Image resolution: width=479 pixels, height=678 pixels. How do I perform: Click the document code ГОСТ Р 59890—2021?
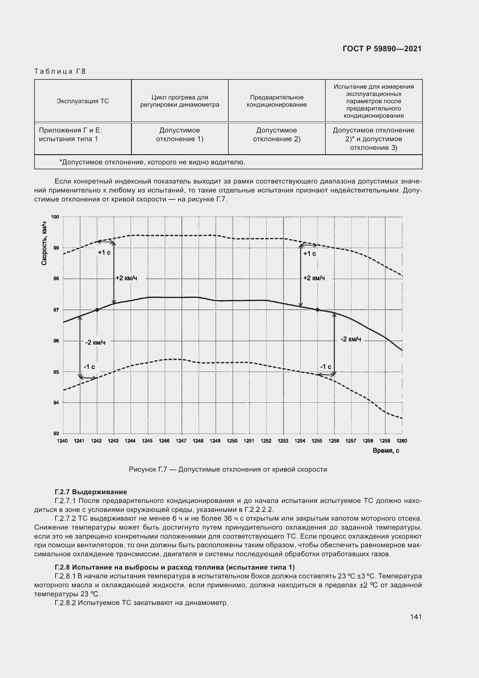[x=382, y=49]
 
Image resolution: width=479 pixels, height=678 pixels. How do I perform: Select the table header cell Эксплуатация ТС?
[x=83, y=101]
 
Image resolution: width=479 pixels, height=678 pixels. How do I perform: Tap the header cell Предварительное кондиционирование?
[x=276, y=101]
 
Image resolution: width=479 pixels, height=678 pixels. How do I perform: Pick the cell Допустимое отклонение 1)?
[x=179, y=135]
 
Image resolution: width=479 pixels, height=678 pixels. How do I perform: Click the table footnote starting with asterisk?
[x=152, y=162]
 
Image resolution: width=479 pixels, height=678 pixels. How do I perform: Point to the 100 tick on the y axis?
[x=55, y=217]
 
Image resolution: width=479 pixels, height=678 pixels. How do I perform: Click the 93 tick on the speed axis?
[x=56, y=433]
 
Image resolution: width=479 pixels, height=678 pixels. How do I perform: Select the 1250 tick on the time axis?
[x=232, y=441]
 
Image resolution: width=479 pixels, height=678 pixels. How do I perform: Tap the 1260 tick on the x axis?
[x=402, y=441]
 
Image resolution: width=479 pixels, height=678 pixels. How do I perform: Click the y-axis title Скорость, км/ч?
[x=44, y=243]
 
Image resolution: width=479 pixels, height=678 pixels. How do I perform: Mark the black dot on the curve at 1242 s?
[x=97, y=310]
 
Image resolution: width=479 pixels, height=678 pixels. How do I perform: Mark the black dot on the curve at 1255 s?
[x=318, y=310]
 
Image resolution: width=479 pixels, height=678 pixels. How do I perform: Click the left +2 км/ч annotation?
[x=126, y=278]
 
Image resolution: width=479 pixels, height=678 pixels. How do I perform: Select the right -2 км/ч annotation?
[x=351, y=339]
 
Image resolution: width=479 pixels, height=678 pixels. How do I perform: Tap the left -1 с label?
[x=89, y=367]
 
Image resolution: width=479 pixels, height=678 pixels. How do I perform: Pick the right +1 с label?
[x=309, y=254]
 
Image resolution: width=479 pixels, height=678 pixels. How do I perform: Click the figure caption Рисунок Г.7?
[x=228, y=470]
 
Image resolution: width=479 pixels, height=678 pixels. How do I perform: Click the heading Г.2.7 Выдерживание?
[x=91, y=492]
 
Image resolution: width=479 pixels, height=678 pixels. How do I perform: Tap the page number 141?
[x=416, y=617]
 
